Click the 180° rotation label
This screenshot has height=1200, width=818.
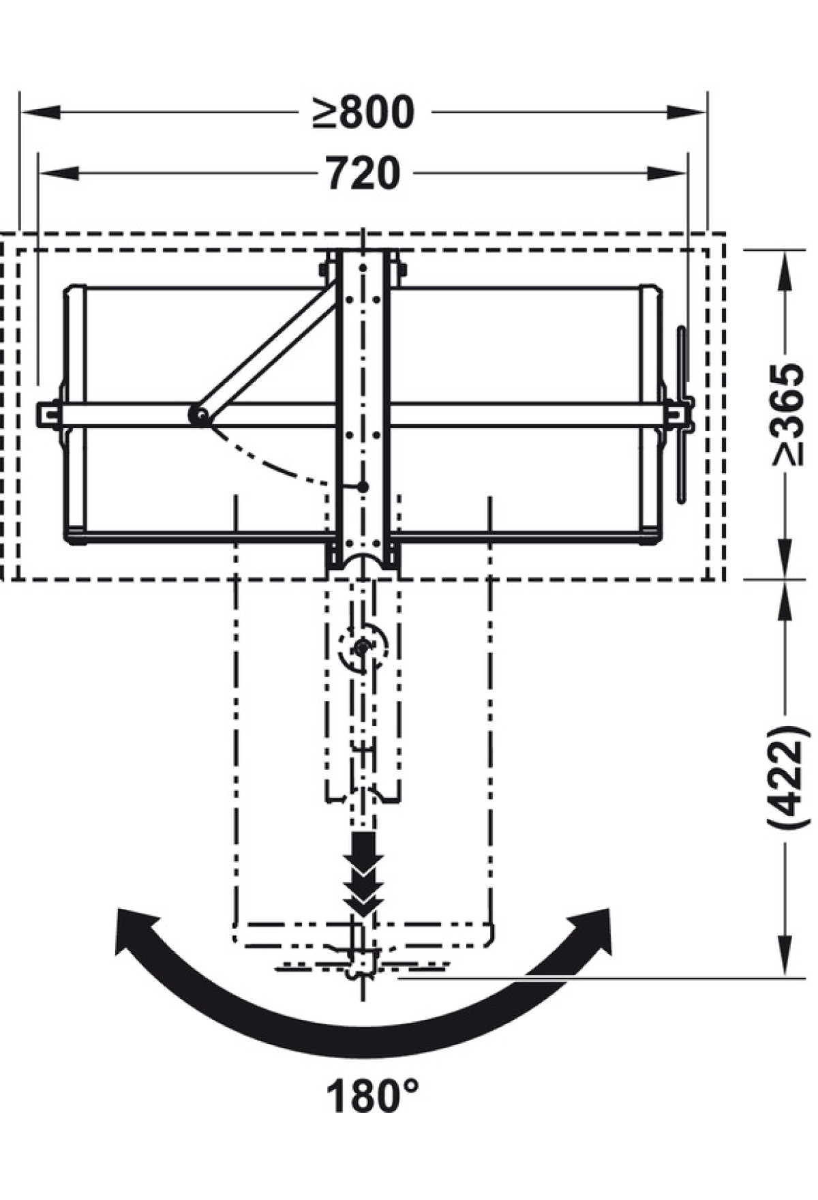tap(372, 1096)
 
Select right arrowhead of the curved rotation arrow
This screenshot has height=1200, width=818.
tap(590, 931)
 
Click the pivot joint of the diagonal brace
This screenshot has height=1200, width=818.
tap(200, 415)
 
